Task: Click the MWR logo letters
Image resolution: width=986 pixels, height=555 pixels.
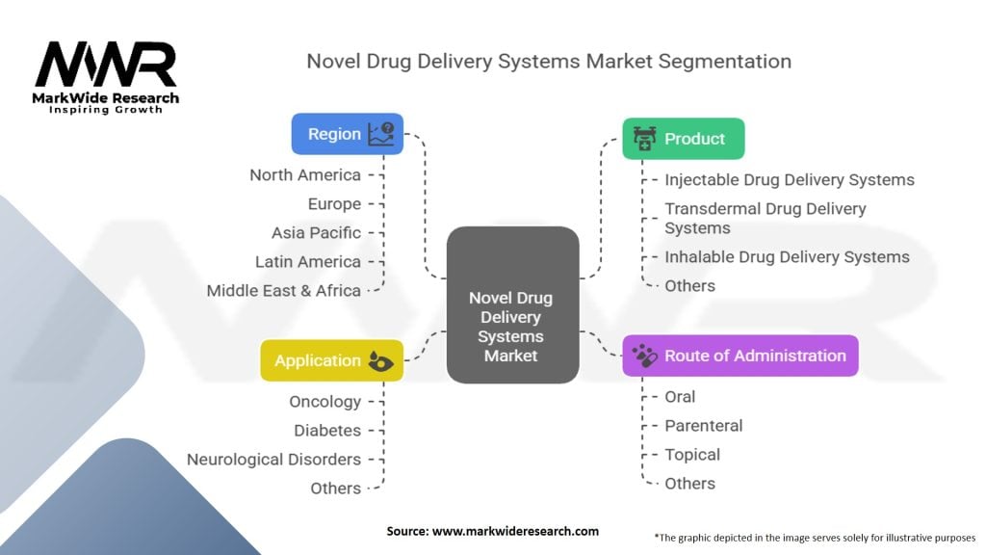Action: (x=106, y=64)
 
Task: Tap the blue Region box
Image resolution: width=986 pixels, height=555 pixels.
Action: (x=347, y=134)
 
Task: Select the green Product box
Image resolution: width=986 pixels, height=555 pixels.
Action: (x=684, y=139)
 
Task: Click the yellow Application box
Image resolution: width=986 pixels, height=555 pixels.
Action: (x=332, y=360)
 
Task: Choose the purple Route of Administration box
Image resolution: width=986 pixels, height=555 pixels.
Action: (x=740, y=356)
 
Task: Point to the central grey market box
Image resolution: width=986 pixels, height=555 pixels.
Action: (x=512, y=304)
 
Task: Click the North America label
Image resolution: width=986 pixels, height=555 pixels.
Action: (x=305, y=175)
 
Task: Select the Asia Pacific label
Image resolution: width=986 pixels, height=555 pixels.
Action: (x=316, y=233)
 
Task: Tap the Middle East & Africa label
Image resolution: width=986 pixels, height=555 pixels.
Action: (x=284, y=291)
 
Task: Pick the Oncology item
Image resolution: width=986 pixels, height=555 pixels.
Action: (x=325, y=402)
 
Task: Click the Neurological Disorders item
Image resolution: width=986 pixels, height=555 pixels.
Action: (x=274, y=460)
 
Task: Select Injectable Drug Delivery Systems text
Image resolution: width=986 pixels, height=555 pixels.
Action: (x=790, y=180)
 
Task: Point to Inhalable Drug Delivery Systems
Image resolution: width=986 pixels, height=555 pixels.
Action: (x=788, y=256)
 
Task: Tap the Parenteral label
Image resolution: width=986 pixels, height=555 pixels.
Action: (x=704, y=426)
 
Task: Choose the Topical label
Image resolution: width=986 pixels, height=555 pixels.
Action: (x=692, y=455)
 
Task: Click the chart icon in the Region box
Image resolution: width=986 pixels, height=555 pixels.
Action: (x=381, y=134)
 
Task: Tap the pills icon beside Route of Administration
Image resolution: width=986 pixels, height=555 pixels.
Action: (x=644, y=356)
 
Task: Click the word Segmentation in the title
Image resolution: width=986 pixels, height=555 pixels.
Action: (x=725, y=62)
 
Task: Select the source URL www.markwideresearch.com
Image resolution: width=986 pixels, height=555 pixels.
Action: (x=516, y=531)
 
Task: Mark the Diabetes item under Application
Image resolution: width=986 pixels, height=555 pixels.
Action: (x=327, y=431)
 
